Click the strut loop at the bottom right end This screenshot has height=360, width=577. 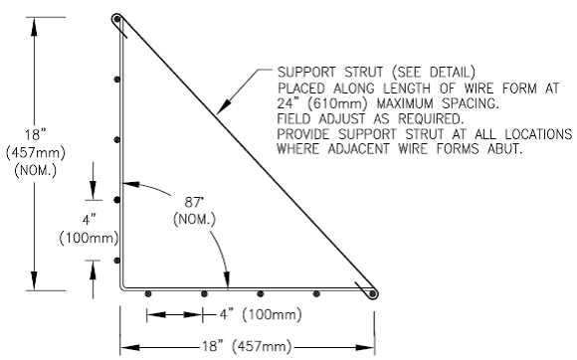click(x=372, y=291)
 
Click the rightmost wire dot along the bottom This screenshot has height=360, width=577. click(x=316, y=293)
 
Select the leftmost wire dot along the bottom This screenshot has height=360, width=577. click(x=147, y=293)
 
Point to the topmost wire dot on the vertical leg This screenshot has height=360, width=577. click(x=118, y=80)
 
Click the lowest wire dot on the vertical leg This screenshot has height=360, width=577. click(x=118, y=260)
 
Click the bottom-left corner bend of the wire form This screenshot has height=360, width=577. click(x=121, y=287)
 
